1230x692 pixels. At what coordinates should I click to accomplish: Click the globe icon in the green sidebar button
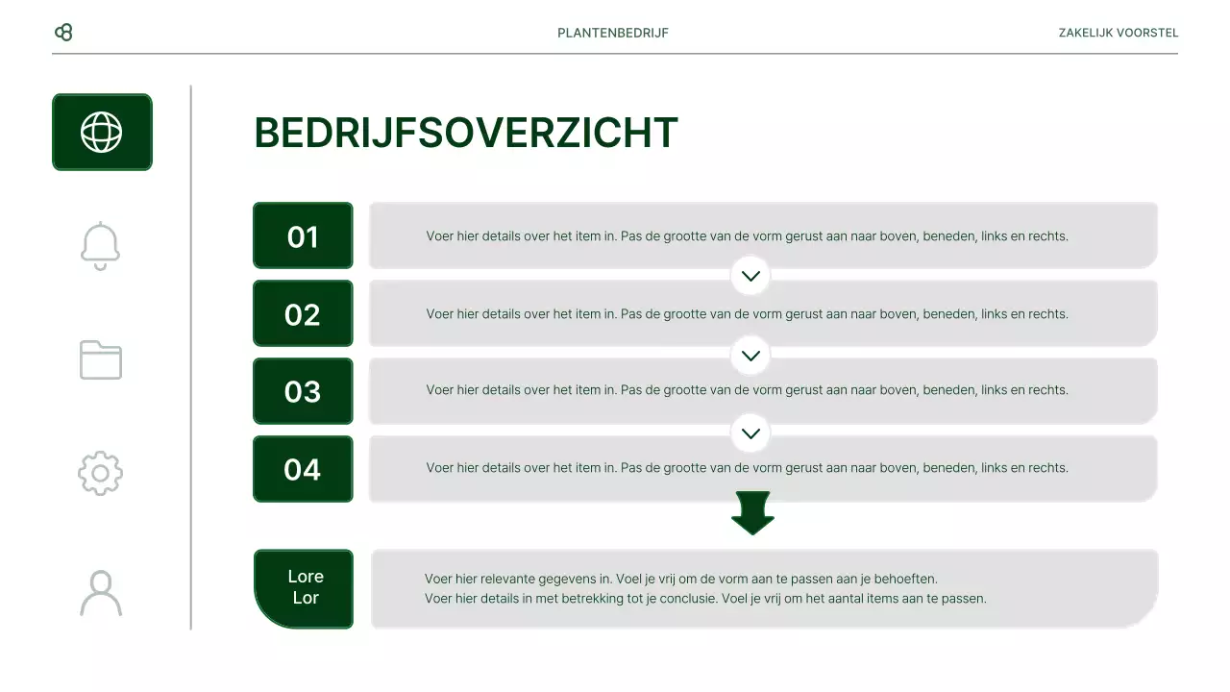click(102, 133)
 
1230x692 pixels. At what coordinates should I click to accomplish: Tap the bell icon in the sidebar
click(101, 246)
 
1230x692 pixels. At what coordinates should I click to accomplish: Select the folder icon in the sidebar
click(101, 360)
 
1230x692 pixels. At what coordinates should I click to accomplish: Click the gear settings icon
click(101, 474)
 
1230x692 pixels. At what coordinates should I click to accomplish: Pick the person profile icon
click(101, 593)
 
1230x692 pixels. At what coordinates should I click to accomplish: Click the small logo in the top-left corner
click(64, 33)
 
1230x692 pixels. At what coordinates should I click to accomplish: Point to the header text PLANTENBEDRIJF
click(613, 33)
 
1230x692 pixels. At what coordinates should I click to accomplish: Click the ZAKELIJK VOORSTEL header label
click(1118, 33)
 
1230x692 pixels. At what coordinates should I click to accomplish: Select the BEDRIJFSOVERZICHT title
click(466, 133)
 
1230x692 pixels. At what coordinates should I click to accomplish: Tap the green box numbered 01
click(303, 235)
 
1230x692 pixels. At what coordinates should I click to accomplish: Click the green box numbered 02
click(303, 313)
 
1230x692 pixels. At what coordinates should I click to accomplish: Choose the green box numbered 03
click(303, 391)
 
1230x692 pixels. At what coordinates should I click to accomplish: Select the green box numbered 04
click(303, 469)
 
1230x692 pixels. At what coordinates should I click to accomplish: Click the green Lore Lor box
click(304, 588)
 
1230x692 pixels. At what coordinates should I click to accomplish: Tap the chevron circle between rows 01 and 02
click(750, 276)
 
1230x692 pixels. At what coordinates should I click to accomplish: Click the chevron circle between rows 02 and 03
click(750, 355)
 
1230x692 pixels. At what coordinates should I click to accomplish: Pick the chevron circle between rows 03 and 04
click(750, 432)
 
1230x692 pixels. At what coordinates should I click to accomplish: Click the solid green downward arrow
click(752, 512)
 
